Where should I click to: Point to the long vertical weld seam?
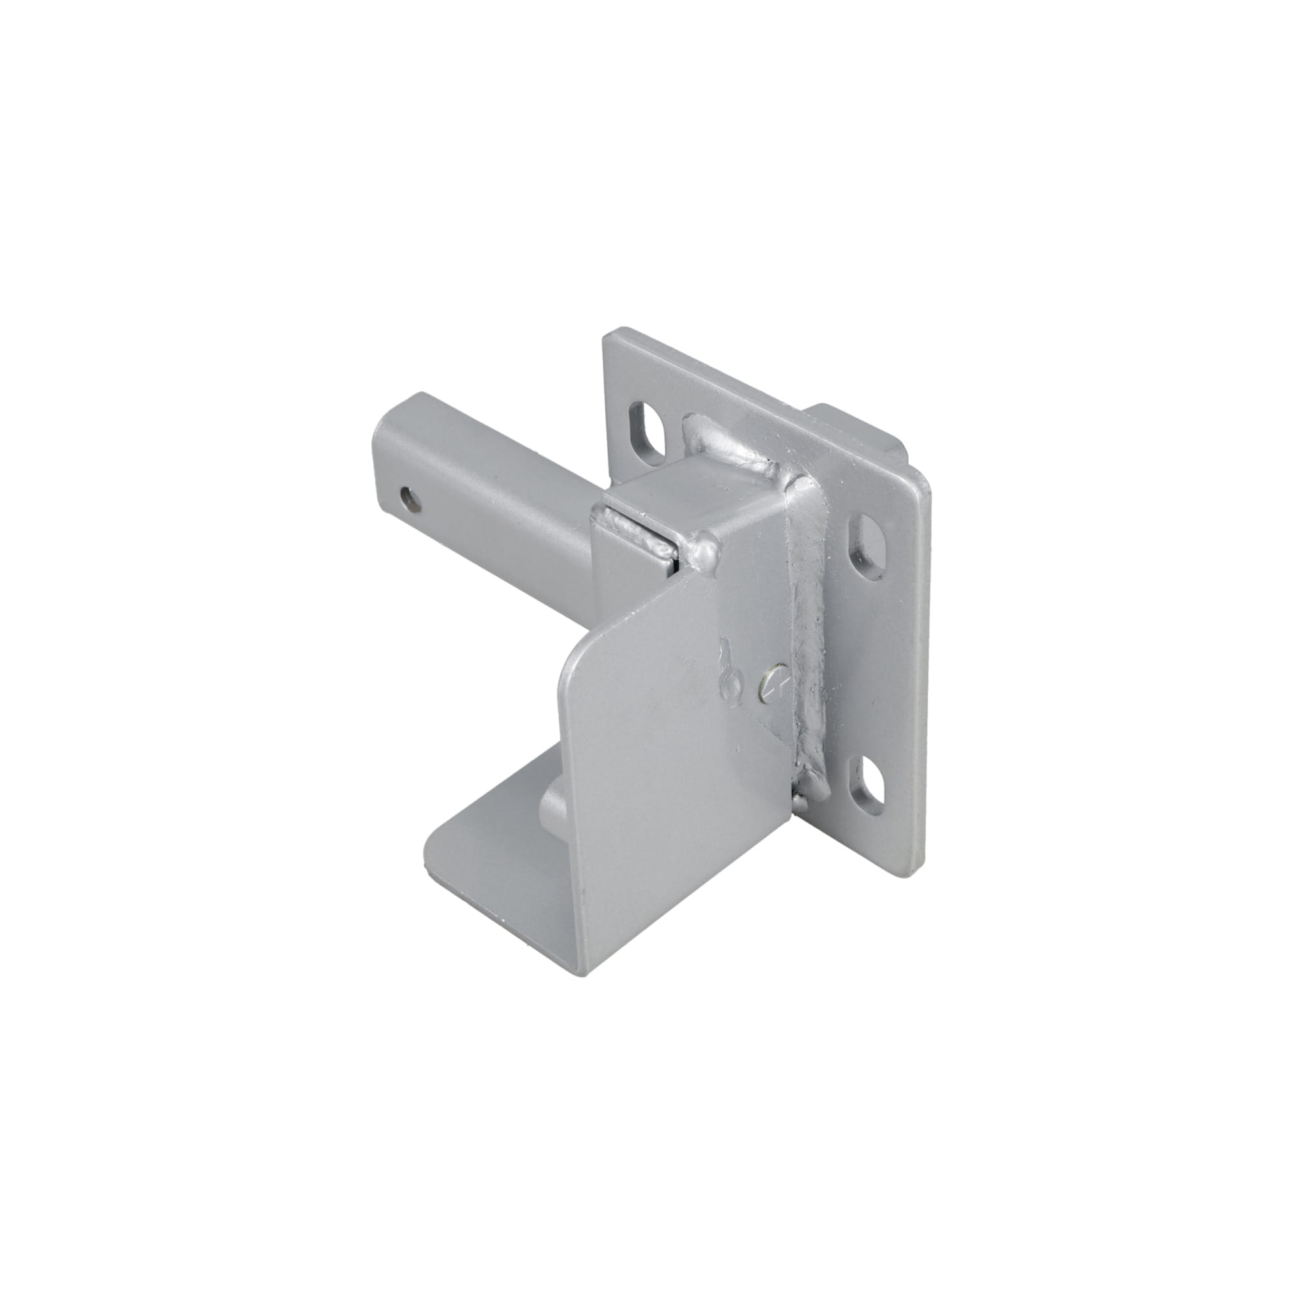click(810, 634)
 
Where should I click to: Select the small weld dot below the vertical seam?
click(801, 801)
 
